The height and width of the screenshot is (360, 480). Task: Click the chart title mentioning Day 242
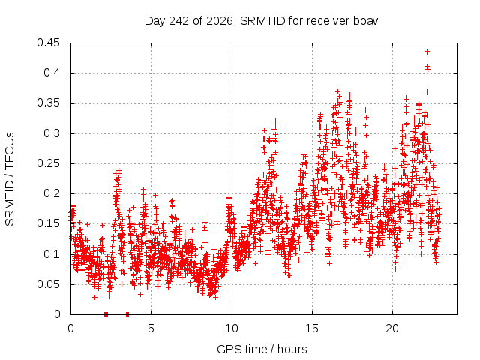click(261, 21)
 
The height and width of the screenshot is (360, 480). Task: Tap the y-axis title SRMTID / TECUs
click(10, 179)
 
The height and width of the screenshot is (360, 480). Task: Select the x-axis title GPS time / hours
click(262, 349)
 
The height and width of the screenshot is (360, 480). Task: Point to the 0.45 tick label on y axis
click(48, 43)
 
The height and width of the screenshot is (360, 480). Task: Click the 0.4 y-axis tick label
click(52, 73)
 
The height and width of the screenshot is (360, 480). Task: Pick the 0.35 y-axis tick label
click(48, 103)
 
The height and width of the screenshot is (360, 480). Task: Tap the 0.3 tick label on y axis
click(52, 133)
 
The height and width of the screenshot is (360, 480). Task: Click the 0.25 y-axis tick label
click(48, 163)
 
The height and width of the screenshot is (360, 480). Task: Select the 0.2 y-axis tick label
click(52, 193)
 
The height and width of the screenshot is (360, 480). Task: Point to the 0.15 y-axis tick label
click(48, 223)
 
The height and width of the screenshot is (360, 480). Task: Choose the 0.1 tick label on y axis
click(52, 254)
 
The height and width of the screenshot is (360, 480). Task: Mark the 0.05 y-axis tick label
click(48, 284)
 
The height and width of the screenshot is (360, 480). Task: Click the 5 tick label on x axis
click(151, 328)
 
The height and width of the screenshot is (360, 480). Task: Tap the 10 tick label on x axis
click(232, 328)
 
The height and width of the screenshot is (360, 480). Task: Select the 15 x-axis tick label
click(312, 328)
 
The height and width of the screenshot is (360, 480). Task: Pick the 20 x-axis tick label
click(392, 328)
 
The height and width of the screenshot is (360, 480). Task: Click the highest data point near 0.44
click(427, 52)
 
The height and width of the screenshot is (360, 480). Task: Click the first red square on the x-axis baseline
click(106, 314)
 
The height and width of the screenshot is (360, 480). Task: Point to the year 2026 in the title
click(220, 21)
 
